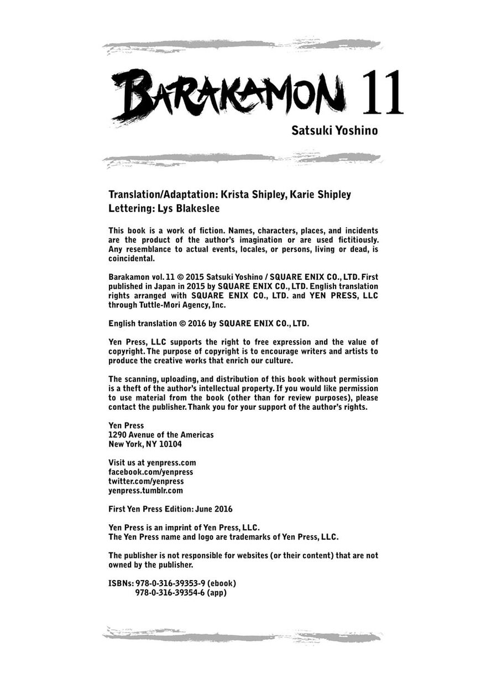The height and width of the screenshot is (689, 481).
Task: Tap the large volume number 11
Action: (382, 92)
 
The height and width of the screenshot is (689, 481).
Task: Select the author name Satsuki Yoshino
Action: (334, 131)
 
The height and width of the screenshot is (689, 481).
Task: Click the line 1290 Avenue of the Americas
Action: (161, 435)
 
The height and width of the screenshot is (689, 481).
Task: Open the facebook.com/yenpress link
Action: (151, 472)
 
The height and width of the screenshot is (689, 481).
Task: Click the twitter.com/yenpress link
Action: (146, 481)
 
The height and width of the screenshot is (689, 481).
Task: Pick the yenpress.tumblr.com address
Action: (145, 490)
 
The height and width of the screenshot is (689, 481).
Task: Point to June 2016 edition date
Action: (213, 509)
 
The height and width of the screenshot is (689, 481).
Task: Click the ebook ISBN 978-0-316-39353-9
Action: (170, 583)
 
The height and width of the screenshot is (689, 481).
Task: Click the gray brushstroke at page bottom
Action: (242, 636)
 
